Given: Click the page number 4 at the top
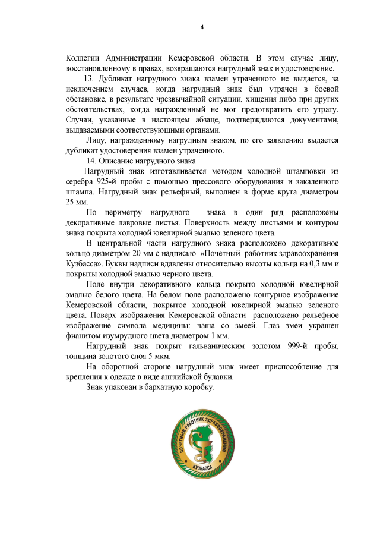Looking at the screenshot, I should (x=202, y=27).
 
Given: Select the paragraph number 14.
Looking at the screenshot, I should (x=91, y=161).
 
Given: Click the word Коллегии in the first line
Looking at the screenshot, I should (x=83, y=58).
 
